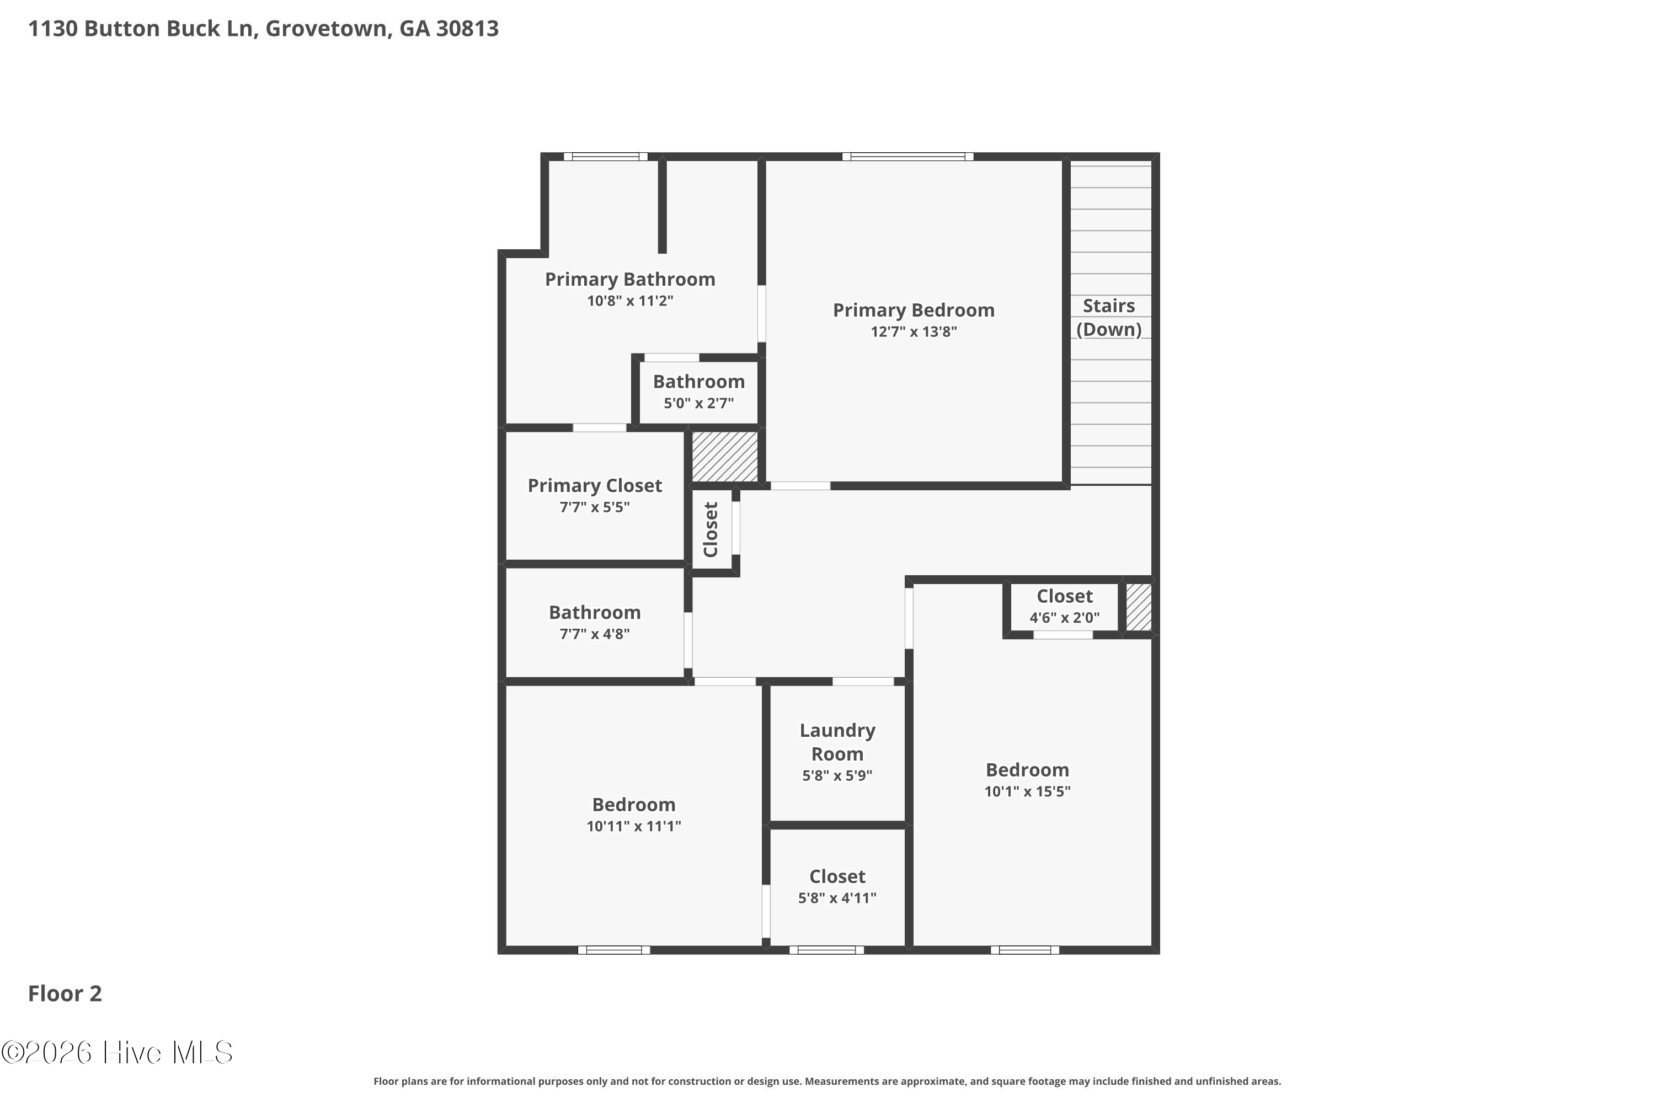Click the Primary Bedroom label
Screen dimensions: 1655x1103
[x=914, y=310]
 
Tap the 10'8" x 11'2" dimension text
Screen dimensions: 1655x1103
[x=630, y=301]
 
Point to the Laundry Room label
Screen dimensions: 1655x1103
[x=837, y=742]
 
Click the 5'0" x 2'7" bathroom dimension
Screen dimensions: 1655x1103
[x=699, y=403]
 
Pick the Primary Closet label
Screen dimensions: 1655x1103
[x=595, y=486]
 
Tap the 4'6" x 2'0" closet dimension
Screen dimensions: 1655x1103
[x=1065, y=618]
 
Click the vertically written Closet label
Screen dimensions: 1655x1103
[x=711, y=529]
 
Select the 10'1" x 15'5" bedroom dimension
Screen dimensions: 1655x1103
[x=1027, y=791]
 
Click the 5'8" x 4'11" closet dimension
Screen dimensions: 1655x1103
[x=837, y=898]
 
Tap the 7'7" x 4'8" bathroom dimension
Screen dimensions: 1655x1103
[x=595, y=634]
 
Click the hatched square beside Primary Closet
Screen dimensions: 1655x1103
[x=725, y=457]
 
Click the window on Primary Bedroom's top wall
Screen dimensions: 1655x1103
[x=907, y=157]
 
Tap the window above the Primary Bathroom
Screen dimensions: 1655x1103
[x=606, y=157]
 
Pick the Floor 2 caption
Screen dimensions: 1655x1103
[x=65, y=993]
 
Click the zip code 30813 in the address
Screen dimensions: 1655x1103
[x=467, y=29]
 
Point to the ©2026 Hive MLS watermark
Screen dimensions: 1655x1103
[x=117, y=1052]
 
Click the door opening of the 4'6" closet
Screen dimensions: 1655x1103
[x=1063, y=635]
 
